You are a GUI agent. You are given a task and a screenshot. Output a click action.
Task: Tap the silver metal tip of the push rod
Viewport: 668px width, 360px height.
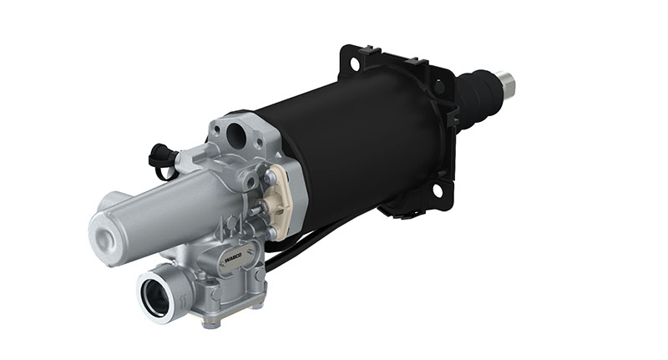pos(507,83)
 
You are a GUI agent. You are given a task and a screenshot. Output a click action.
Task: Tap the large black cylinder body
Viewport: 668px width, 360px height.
pos(359,142)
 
